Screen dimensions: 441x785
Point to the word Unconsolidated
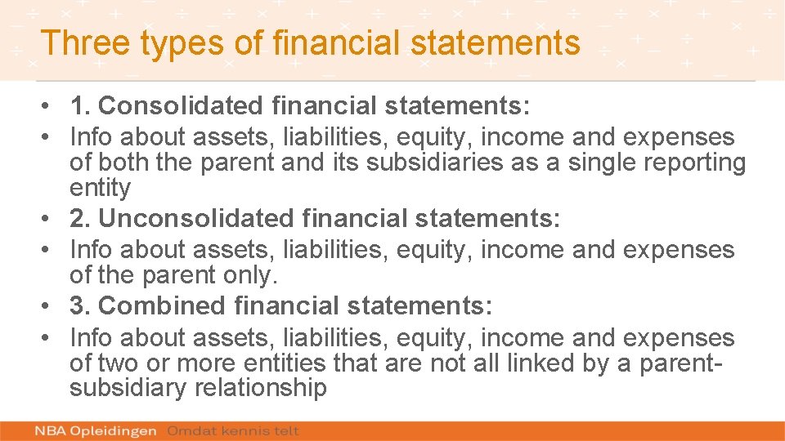(x=195, y=219)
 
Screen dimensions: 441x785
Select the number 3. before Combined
(x=80, y=306)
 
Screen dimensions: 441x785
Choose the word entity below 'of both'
(x=100, y=189)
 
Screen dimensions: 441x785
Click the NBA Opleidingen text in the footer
(x=96, y=430)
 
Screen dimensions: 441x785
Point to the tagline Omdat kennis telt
(x=233, y=430)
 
